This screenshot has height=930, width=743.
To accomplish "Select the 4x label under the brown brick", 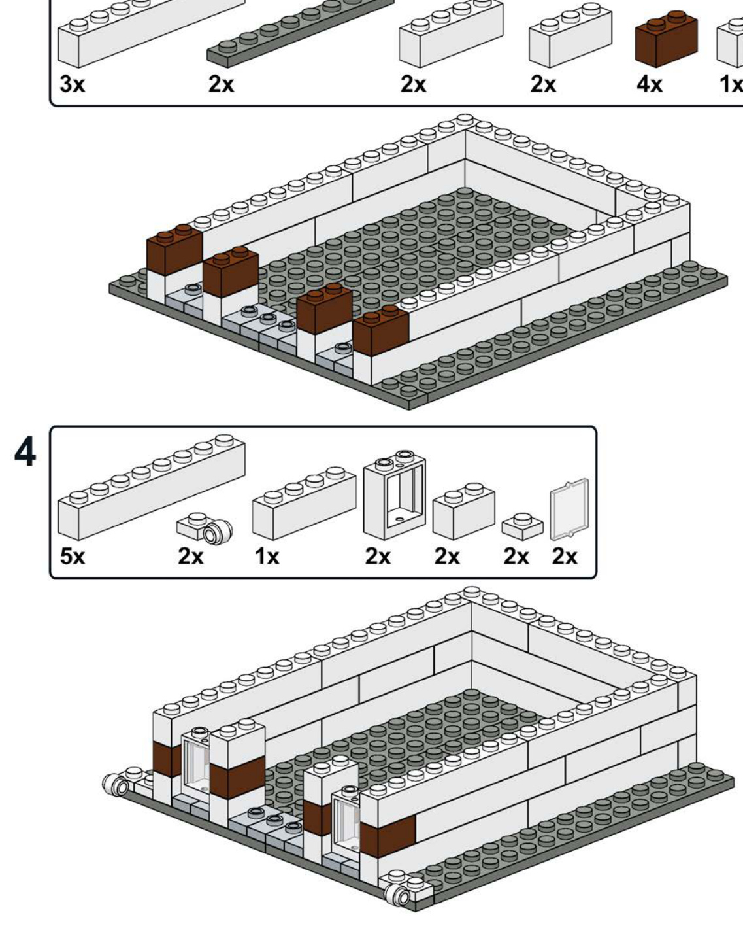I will pos(650,84).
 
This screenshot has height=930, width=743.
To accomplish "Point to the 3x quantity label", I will pos(72,84).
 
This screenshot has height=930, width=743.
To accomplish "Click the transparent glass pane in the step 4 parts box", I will pos(570,508).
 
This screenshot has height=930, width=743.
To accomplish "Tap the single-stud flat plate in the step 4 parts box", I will pos(523,527).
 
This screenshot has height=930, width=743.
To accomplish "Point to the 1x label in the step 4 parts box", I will pos(266,557).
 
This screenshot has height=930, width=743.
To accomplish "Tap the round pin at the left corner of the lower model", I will pos(116,784).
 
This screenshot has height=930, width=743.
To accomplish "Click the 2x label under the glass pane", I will pos(565,557).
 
